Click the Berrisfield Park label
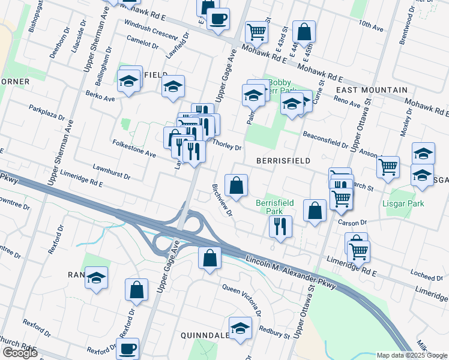tap(274, 207)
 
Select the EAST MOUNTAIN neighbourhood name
tap(371, 89)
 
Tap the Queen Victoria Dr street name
tap(242, 299)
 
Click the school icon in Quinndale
tap(241, 328)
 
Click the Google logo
tap(20, 353)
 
